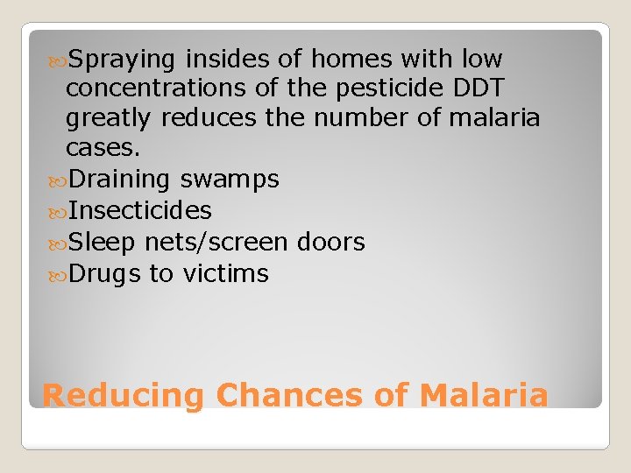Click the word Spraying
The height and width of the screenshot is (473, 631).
tap(124, 60)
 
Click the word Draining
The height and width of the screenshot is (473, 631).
tap(119, 180)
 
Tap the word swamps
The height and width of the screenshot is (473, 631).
tap(229, 180)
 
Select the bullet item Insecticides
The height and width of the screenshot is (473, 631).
tap(140, 211)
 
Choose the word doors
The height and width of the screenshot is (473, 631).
tap(331, 243)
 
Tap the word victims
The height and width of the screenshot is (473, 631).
tap(225, 274)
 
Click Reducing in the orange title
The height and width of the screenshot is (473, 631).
tap(123, 397)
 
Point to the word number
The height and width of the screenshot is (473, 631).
tap(366, 117)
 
